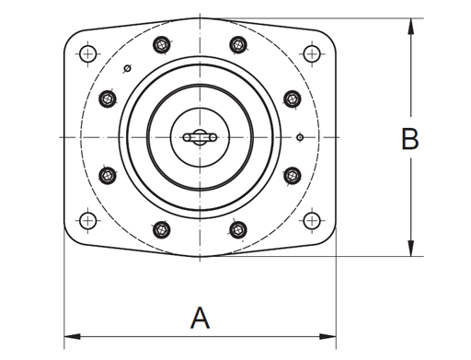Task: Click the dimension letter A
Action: coord(200,319)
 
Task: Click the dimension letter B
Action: coord(410,139)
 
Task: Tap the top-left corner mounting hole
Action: coord(87,53)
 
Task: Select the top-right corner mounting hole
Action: coord(312,53)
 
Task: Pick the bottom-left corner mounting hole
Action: coord(87,220)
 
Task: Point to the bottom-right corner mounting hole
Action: coord(312,220)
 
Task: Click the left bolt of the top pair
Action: coord(162,43)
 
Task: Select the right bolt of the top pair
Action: coord(237,43)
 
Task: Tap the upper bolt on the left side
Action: coord(107,98)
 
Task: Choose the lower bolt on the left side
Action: coord(107,174)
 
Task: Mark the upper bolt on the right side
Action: coord(293,98)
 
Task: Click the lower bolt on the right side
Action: coord(293,174)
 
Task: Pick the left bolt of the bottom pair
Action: coord(162,229)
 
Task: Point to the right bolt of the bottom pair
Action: coord(237,229)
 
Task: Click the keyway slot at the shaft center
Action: coord(200,137)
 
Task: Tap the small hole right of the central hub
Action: coord(300,138)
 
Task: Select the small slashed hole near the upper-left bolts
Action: coord(128,68)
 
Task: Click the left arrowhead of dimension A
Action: coord(68,335)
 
